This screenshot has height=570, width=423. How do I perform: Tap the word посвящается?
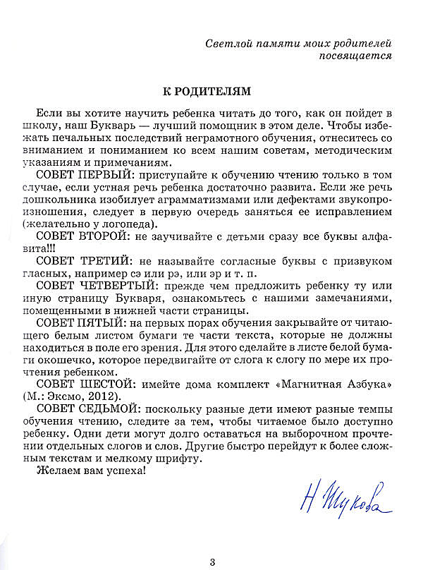pos(356,56)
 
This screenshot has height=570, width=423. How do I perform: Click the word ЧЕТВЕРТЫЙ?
pos(118,287)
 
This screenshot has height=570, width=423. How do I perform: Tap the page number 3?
pos(212,562)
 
